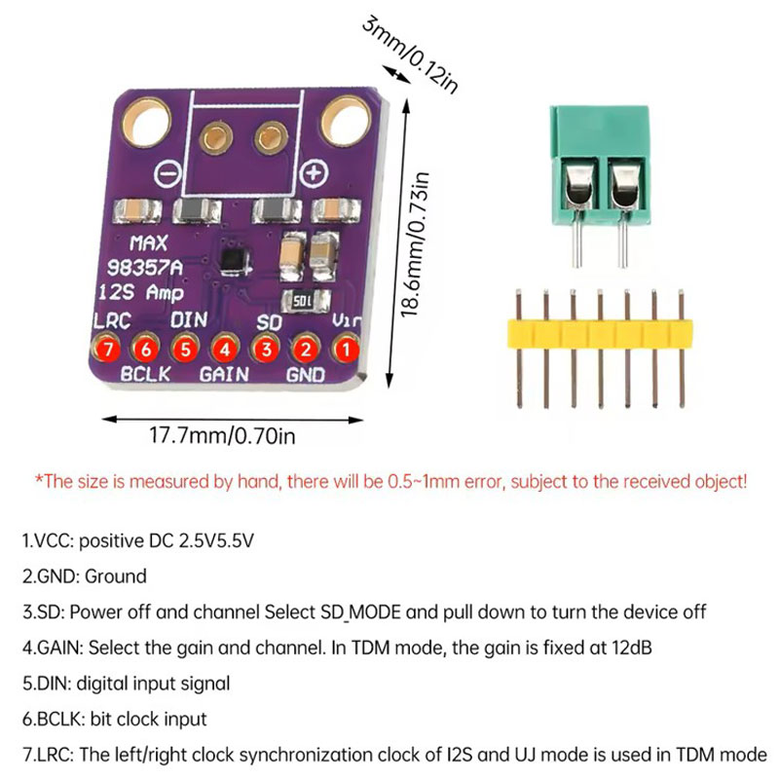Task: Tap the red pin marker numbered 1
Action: pyautogui.click(x=345, y=348)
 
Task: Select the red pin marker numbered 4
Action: pyautogui.click(x=225, y=348)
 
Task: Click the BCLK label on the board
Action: pyautogui.click(x=145, y=373)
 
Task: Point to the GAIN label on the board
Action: pyautogui.click(x=224, y=373)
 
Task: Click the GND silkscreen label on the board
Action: pyautogui.click(x=305, y=373)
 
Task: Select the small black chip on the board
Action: pyautogui.click(x=234, y=258)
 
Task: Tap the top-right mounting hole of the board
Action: pyautogui.click(x=347, y=121)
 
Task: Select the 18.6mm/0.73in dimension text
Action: pyautogui.click(x=415, y=244)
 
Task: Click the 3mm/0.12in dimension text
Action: pyautogui.click(x=409, y=54)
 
